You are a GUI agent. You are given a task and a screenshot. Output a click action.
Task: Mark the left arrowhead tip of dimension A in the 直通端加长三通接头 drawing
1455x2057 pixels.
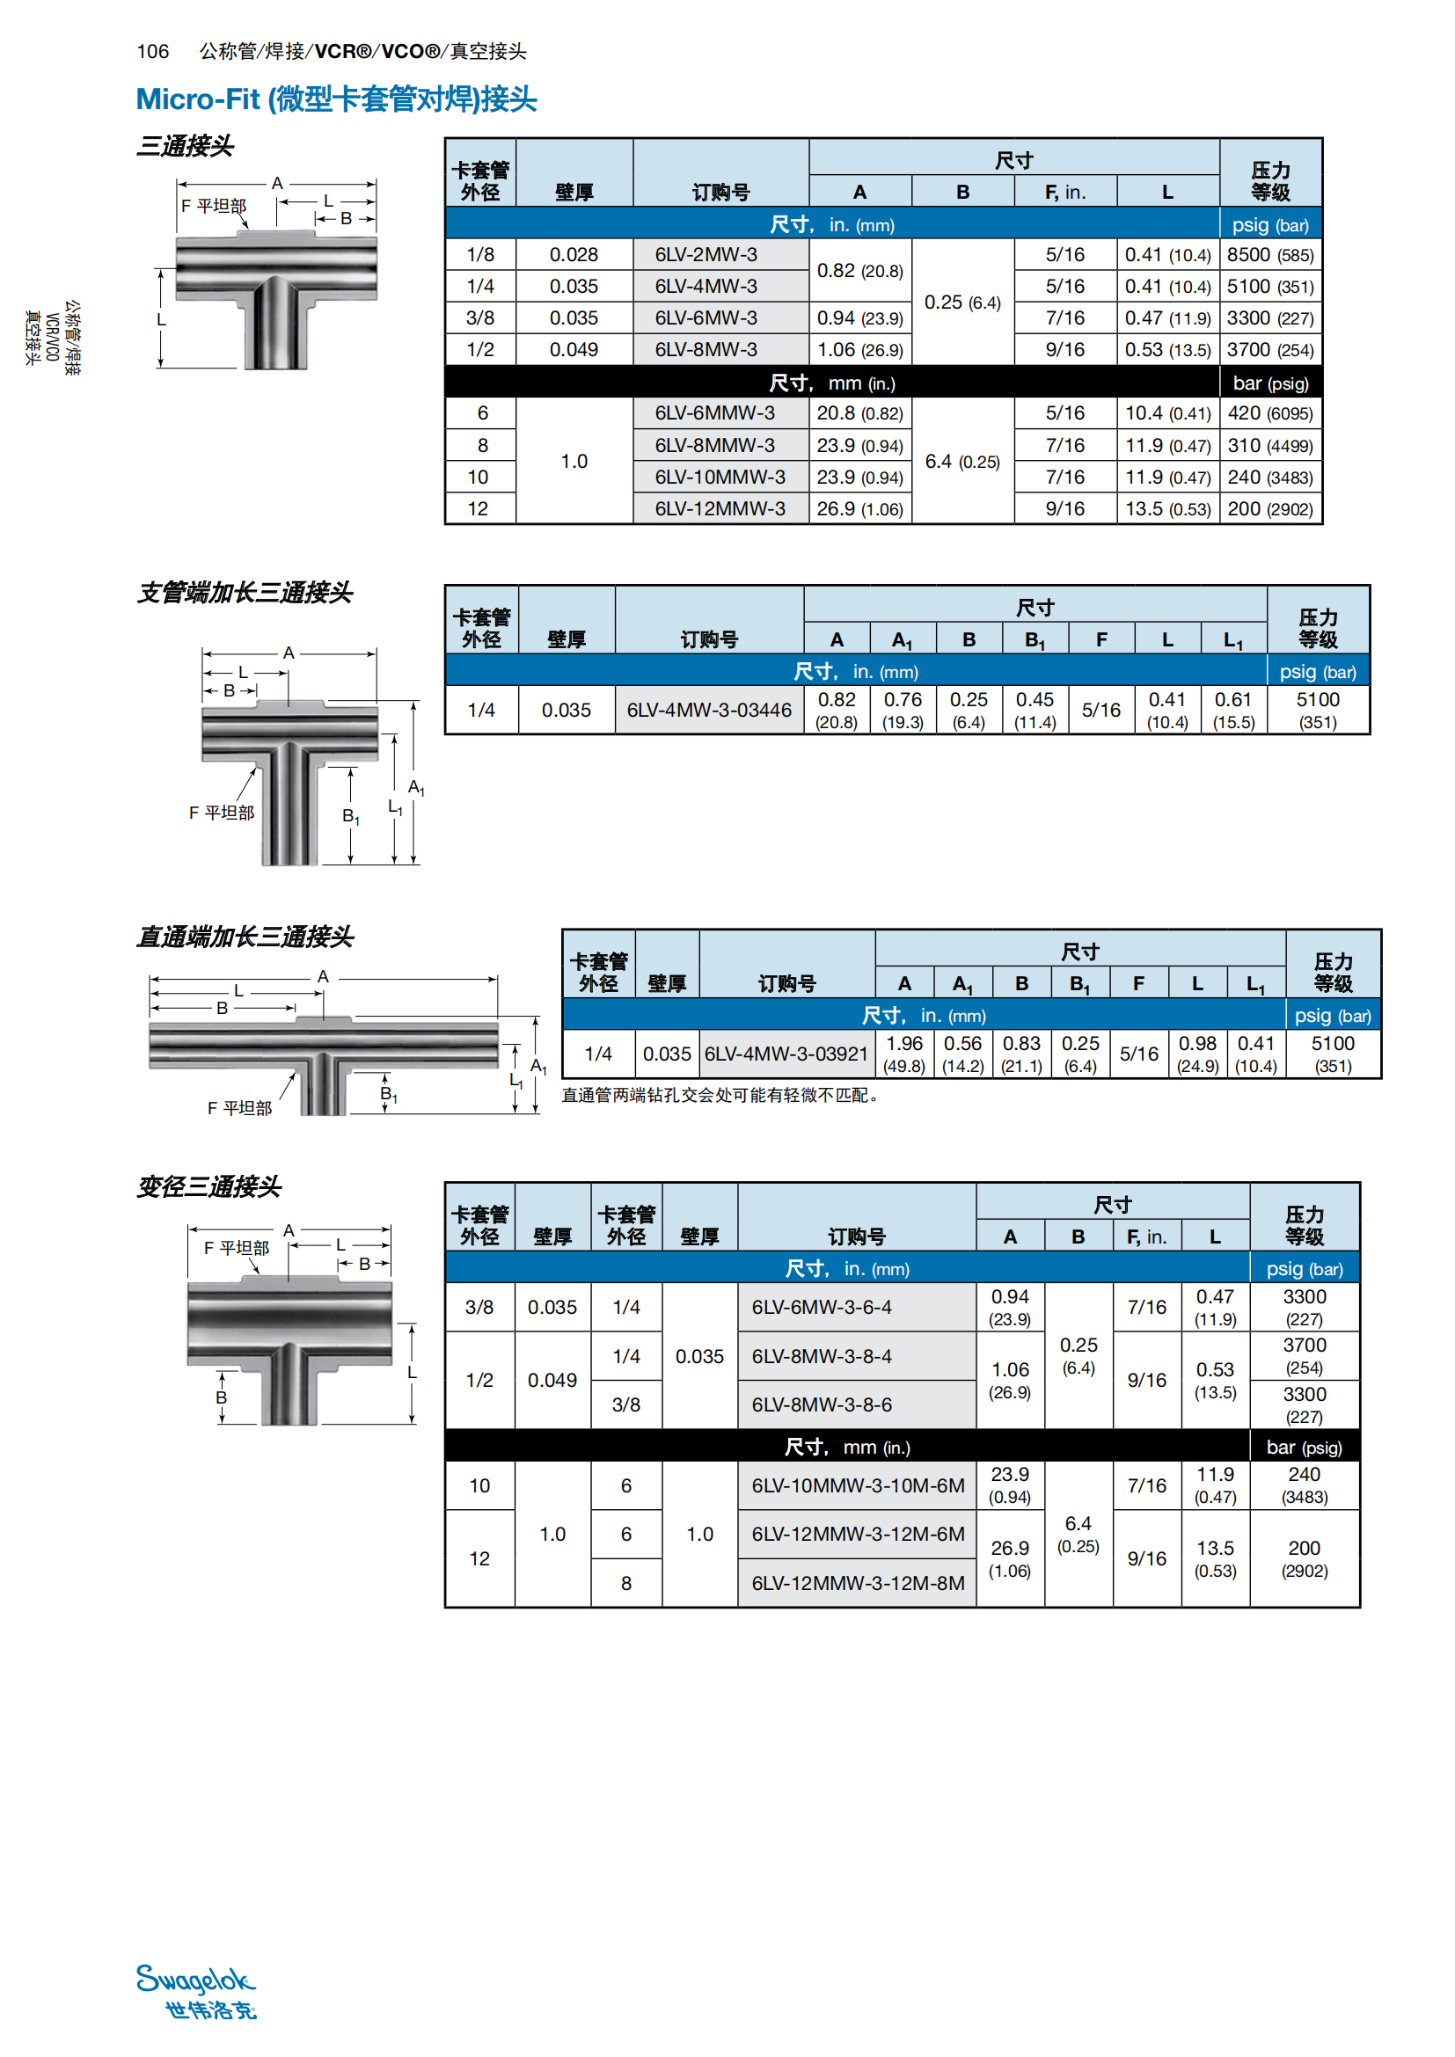pyautogui.click(x=150, y=979)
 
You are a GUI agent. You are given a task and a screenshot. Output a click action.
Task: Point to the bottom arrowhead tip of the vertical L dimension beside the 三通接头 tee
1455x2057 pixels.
pyautogui.click(x=161, y=368)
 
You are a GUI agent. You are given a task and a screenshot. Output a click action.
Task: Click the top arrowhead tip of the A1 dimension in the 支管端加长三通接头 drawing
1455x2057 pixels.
pyautogui.click(x=414, y=702)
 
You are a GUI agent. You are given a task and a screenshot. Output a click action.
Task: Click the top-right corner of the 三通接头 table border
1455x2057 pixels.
pyautogui.click(x=1322, y=138)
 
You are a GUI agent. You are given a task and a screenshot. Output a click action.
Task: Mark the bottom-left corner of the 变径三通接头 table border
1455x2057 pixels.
pyautogui.click(x=445, y=1608)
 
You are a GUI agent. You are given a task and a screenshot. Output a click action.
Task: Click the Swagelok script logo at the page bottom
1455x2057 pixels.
pyautogui.click(x=196, y=1980)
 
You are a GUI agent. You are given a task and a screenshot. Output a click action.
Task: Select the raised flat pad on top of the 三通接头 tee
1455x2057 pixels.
pyautogui.click(x=276, y=235)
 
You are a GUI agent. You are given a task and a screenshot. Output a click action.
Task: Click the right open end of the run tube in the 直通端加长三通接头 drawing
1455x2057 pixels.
pyautogui.click(x=496, y=1045)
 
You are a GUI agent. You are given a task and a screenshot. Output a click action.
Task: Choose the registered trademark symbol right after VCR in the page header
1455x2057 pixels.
pyautogui.click(x=364, y=51)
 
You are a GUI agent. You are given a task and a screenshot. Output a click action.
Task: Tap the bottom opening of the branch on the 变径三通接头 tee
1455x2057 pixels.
pyautogui.click(x=289, y=1422)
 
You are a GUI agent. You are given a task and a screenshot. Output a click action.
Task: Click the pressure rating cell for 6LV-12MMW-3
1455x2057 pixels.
pyautogui.click(x=1270, y=509)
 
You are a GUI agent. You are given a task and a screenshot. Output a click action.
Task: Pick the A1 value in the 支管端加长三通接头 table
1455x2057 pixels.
pyautogui.click(x=903, y=711)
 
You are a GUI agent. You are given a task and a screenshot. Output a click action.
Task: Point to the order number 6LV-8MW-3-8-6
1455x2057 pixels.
pyautogui.click(x=822, y=1404)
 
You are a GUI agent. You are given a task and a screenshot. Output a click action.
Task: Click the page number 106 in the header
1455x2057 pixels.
pyautogui.click(x=153, y=51)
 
